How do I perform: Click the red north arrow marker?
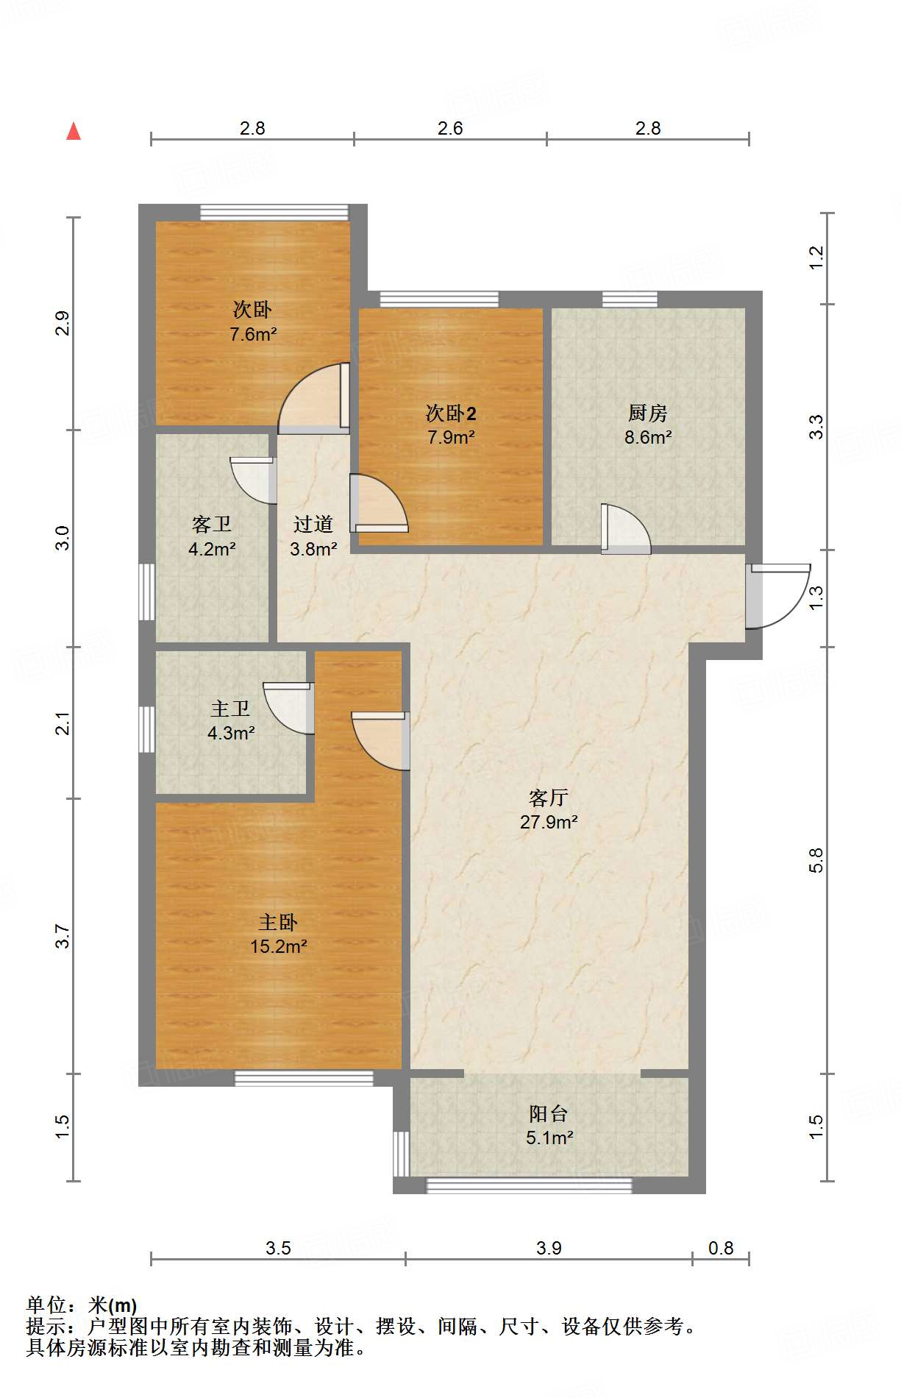pos(74,132)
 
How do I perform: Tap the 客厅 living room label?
pos(549,798)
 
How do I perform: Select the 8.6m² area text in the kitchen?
pos(648,438)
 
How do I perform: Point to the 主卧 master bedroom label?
pos(278,922)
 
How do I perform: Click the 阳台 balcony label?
pos(549,1113)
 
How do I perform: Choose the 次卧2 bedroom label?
pos(451,413)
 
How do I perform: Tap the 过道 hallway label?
pos(313,524)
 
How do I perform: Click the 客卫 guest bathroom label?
pos(212,524)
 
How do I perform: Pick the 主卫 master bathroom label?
pos(230,709)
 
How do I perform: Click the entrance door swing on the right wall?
pos(777,596)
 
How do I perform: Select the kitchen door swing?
pos(626,528)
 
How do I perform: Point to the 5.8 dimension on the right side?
pos(816,860)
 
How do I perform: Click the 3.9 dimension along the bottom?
pos(549,1248)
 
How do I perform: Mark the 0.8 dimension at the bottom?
pos(721,1248)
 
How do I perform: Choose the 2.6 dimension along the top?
pos(450,128)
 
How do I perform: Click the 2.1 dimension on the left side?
pos(63,723)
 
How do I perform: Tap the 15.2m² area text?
pos(278,946)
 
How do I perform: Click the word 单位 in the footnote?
pos(47,1305)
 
